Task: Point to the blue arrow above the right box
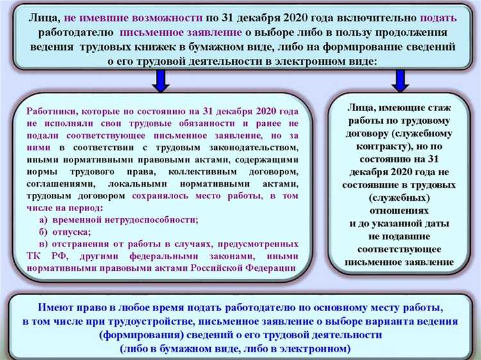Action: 400,80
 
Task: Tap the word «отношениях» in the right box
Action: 400,210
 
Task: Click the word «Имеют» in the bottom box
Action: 56,307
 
